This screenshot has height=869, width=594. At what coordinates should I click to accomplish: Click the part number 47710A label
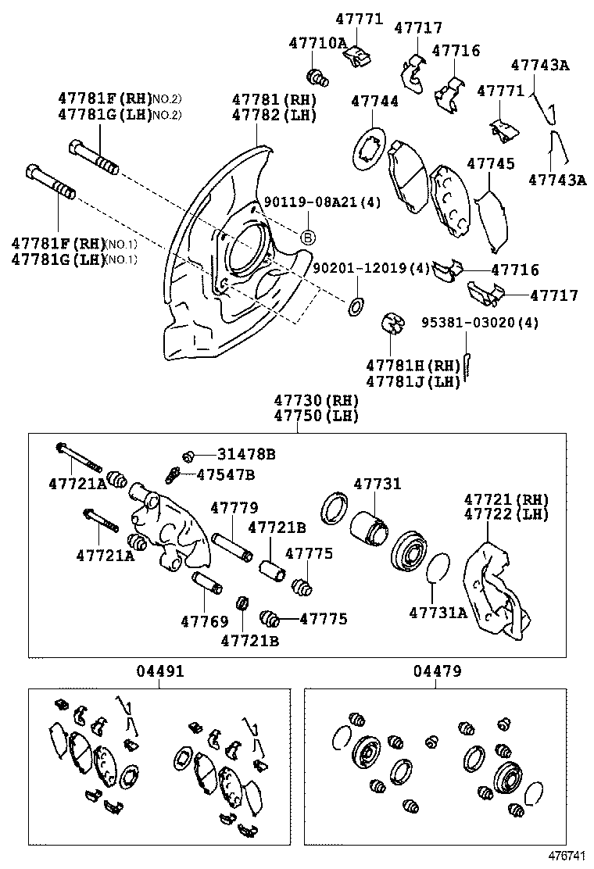coord(317,43)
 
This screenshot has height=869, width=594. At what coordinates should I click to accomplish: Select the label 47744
coord(374,102)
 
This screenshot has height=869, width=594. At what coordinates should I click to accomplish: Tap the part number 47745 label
coord(491,164)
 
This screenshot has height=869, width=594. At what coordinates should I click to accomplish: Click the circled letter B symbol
coord(308,238)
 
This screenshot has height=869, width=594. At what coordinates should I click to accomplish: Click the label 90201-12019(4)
coord(372,268)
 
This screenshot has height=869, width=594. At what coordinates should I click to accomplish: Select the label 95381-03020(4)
coord(480,322)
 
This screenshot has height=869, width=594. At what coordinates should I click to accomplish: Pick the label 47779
coord(234,508)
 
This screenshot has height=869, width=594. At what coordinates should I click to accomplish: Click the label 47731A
coord(438,612)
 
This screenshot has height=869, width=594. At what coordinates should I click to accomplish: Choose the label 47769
coord(205,622)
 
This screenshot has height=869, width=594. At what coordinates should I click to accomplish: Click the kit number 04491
coord(160,671)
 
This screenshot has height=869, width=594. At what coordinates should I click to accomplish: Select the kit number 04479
coord(437,671)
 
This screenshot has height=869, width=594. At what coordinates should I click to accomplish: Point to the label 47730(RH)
coord(316,400)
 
